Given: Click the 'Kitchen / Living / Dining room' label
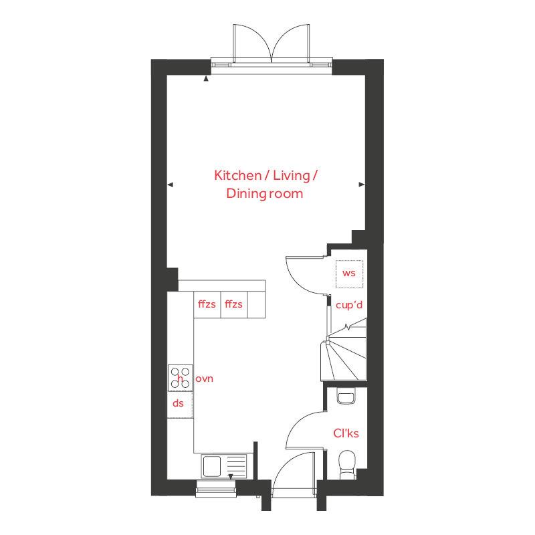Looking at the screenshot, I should tap(265, 185).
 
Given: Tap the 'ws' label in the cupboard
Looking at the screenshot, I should tap(348, 273).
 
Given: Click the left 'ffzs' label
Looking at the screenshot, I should tap(207, 304).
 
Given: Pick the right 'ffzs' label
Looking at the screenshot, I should tap(233, 304).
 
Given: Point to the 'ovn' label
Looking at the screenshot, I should tap(204, 379).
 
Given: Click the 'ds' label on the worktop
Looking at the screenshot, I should tap(178, 403).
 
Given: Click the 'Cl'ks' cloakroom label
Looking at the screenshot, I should tap(346, 433).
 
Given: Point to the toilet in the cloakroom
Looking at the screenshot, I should tap(347, 463).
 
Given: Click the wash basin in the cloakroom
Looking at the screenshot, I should tap(346, 398).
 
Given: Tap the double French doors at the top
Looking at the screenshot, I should tap(272, 44).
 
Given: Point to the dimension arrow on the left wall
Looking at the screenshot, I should tap(170, 185).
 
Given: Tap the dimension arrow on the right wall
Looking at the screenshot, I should tap(362, 185).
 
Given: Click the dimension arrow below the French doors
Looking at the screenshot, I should tap(206, 79).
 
